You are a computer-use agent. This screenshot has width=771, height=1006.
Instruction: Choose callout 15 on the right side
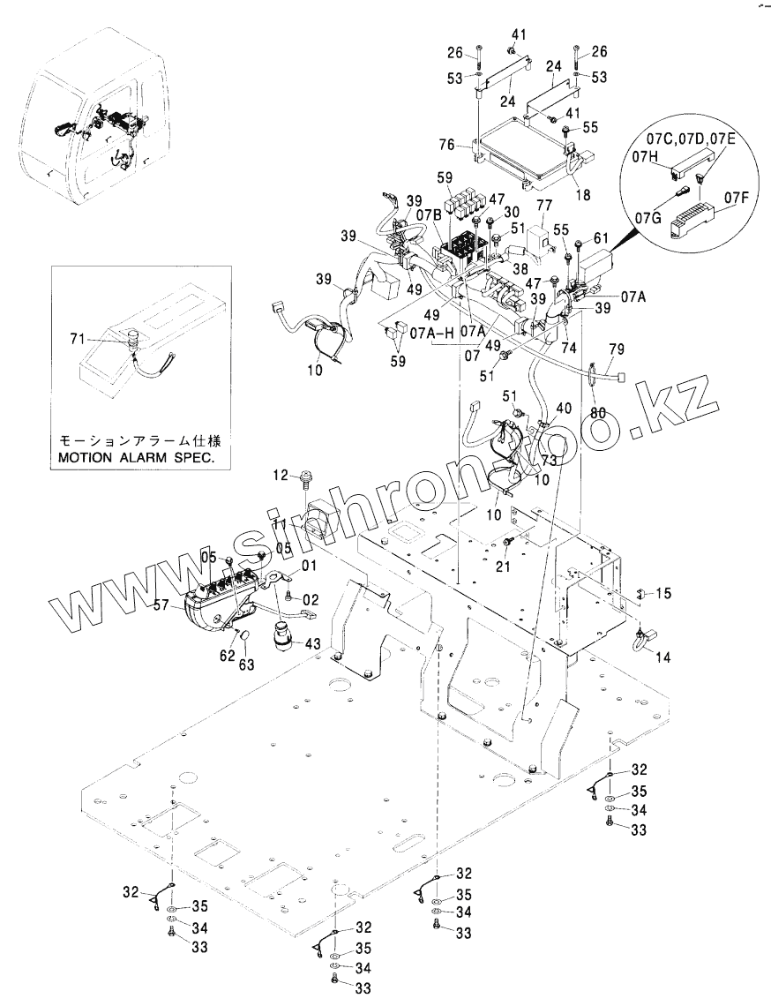[x=663, y=593]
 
